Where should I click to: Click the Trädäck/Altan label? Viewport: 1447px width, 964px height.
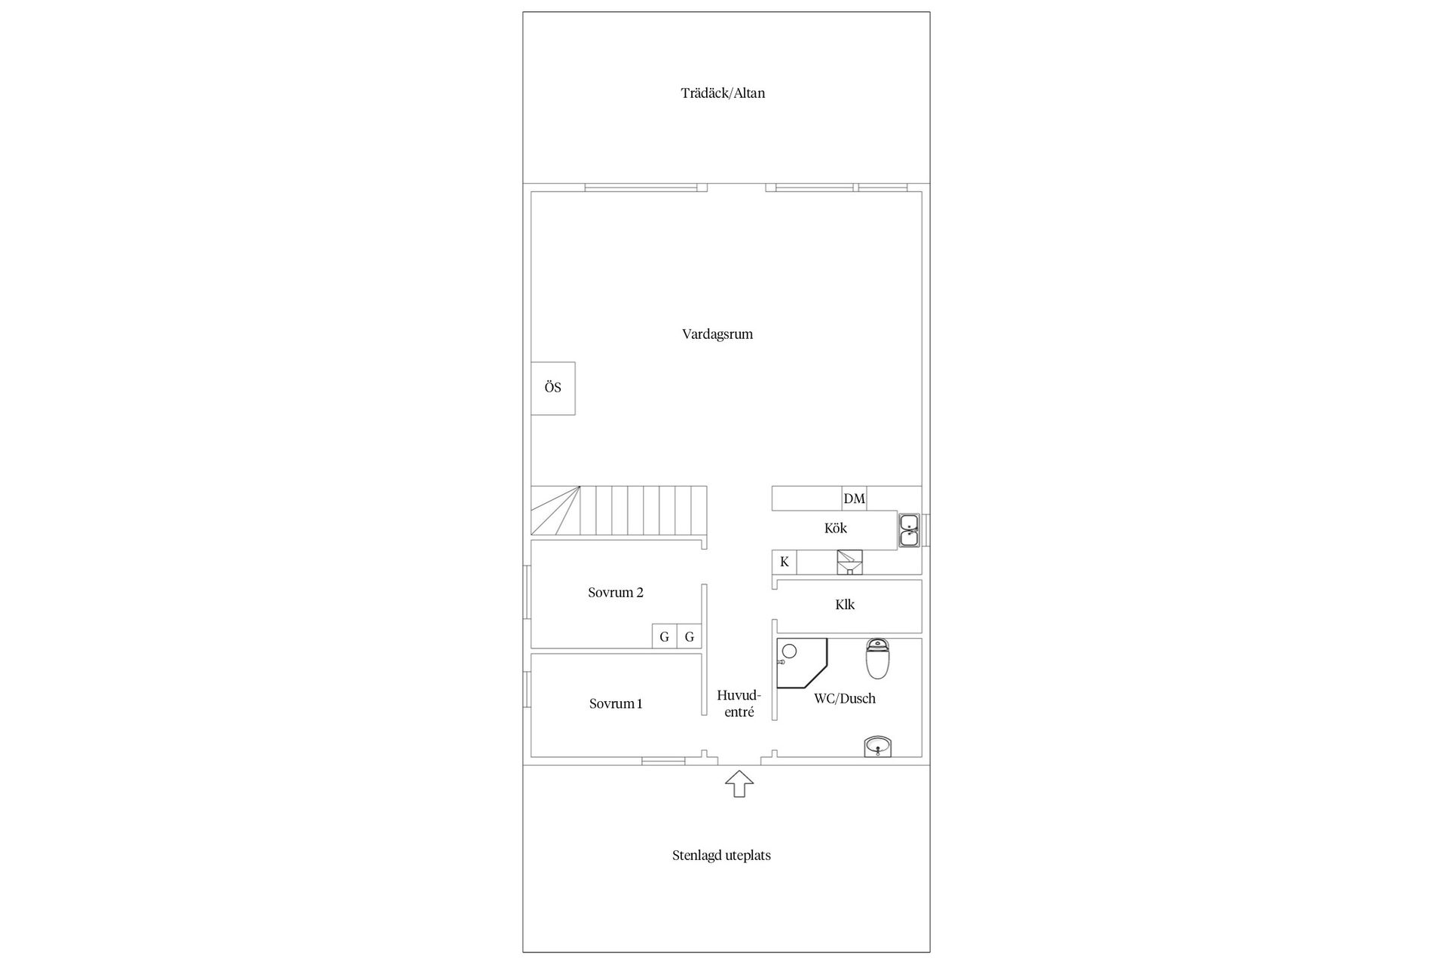point(723,93)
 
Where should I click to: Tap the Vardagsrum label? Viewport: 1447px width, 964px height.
point(717,334)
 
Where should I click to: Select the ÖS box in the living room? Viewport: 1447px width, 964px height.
point(553,388)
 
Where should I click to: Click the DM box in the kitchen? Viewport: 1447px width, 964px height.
point(854,499)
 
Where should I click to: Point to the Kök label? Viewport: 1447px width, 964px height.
point(836,528)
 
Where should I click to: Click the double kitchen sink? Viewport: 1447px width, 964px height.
point(909,529)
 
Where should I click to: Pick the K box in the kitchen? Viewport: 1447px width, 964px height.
point(785,562)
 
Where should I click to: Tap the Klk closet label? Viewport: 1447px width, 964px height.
point(845,605)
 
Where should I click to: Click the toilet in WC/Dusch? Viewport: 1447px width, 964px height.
point(877,659)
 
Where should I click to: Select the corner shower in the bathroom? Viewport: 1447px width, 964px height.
point(802,664)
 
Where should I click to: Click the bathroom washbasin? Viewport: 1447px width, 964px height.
point(877,746)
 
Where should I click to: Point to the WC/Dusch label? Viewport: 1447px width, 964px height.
point(845,699)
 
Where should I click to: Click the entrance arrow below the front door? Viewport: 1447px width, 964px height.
point(739,784)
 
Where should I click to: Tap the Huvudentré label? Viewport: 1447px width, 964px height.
point(739,703)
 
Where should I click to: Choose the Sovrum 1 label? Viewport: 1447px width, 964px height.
point(616,704)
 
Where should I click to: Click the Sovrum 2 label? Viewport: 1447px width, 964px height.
point(616,593)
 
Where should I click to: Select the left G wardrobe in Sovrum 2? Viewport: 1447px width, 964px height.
point(664,636)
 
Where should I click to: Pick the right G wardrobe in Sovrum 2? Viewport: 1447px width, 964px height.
point(689,636)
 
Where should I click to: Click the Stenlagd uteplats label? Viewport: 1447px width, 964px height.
point(721,856)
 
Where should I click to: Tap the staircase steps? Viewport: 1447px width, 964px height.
point(619,511)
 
